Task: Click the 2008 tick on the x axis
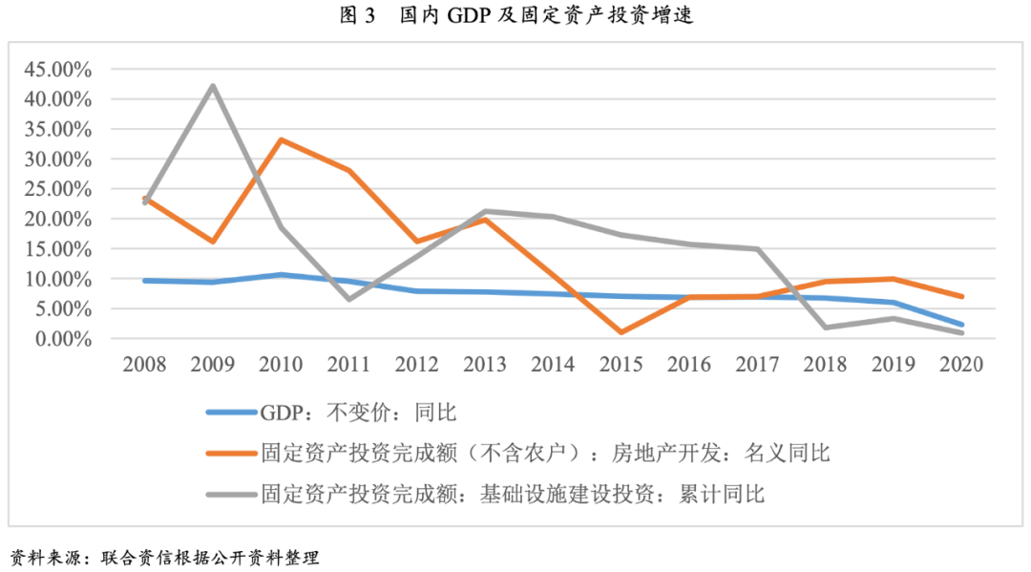144,366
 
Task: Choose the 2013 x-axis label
485,366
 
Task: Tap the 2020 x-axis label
961,366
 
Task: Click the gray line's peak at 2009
212,86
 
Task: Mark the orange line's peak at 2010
281,139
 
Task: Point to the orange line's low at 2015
621,332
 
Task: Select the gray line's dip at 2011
348,300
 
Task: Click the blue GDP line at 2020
961,325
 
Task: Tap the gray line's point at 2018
825,328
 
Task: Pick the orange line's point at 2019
894,279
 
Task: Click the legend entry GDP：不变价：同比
358,413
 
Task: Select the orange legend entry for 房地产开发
544,453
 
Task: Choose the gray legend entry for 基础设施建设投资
512,494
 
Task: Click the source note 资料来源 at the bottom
163,557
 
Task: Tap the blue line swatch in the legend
230,413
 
